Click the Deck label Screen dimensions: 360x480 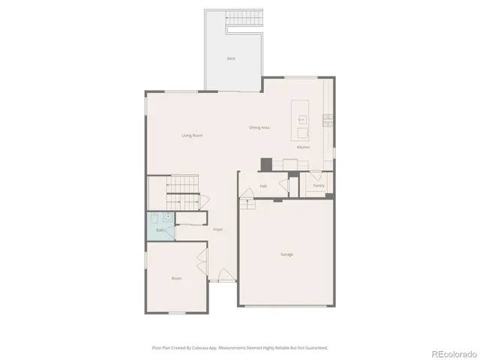pyautogui.click(x=232, y=58)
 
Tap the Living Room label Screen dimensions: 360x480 pyautogui.click(x=192, y=135)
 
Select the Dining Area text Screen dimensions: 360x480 pyautogui.click(x=259, y=127)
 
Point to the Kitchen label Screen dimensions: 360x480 pyautogui.click(x=303, y=147)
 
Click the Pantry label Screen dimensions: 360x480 pyautogui.click(x=319, y=185)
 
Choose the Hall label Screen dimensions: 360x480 pyautogui.click(x=264, y=186)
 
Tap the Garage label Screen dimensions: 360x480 pyautogui.click(x=286, y=254)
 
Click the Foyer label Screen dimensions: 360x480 pyautogui.click(x=217, y=229)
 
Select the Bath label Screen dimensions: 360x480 pyautogui.click(x=160, y=231)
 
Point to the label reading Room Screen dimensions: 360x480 pyautogui.click(x=176, y=278)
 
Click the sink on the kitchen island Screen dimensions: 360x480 pyautogui.click(x=302, y=119)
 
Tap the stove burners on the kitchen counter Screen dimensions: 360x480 pyautogui.click(x=328, y=118)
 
